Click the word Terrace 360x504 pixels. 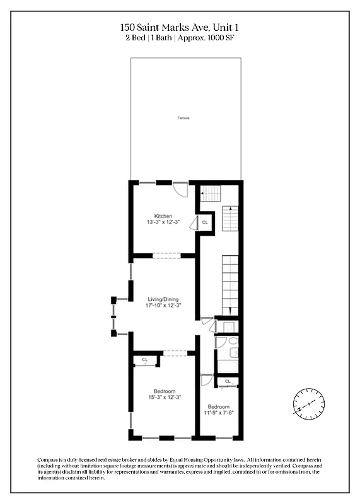[x=184, y=118]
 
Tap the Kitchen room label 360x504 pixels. [x=163, y=216]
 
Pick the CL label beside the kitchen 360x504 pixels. [x=204, y=222]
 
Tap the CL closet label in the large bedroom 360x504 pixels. [x=144, y=360]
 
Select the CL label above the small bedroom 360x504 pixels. [x=227, y=382]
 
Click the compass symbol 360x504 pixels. [x=309, y=402]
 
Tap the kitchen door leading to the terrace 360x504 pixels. [x=180, y=189]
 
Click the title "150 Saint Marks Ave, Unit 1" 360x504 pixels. [x=180, y=28]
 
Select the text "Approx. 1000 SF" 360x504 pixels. [x=209, y=38]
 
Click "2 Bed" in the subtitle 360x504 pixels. [x=135, y=38]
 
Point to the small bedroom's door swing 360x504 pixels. [x=206, y=380]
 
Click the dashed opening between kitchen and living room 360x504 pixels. [x=166, y=256]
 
